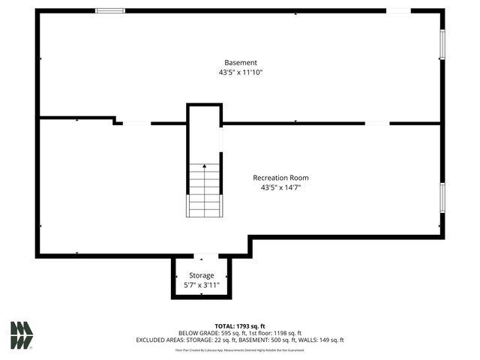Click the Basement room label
coord(240,62)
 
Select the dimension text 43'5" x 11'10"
coord(240,73)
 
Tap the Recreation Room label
coord(280,178)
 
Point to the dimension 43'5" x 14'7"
coord(280,187)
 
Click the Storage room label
coord(201,275)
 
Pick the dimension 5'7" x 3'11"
coord(201,285)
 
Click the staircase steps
coord(204,190)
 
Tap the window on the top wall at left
coord(109,10)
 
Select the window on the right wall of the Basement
coord(442,44)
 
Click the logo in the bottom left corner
coord(21,334)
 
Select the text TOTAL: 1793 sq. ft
coord(240,325)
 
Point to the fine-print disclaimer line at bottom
coord(240,349)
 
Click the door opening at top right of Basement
coord(398,10)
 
